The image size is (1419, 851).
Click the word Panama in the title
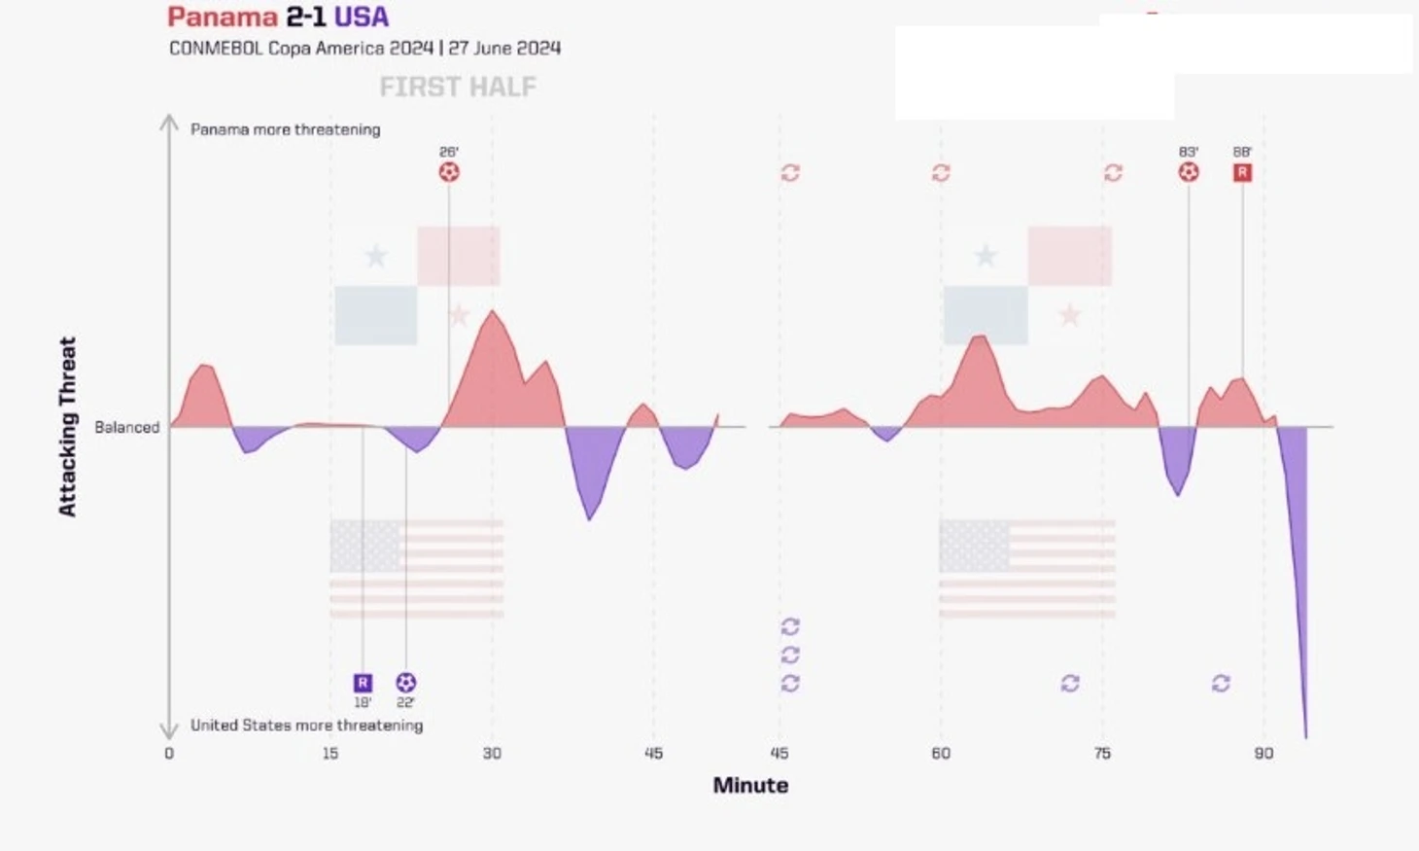click(x=222, y=17)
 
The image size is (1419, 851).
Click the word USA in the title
click(x=361, y=17)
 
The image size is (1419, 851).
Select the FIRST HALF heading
click(x=457, y=87)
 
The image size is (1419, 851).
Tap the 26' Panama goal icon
click(x=448, y=172)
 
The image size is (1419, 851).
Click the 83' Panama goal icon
click(x=1188, y=172)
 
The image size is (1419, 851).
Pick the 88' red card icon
click(x=1242, y=172)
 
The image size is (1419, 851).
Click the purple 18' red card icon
click(x=363, y=683)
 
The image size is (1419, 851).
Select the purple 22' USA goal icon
click(x=406, y=683)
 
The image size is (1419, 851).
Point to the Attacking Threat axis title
click(x=67, y=426)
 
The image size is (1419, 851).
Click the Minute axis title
click(x=750, y=785)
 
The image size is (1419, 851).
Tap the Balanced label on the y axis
click(x=126, y=427)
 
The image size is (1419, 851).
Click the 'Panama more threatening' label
click(x=285, y=129)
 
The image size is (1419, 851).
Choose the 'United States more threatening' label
click(x=306, y=726)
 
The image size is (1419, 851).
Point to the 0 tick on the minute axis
click(x=169, y=753)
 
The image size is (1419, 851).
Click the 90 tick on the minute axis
click(x=1263, y=753)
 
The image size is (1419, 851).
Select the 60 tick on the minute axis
click(x=941, y=753)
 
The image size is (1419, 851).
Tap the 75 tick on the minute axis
click(x=1102, y=753)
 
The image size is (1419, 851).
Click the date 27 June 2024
click(x=504, y=48)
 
